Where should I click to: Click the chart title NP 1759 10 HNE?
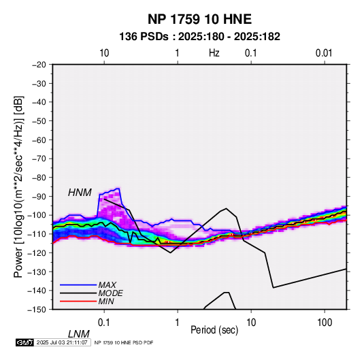click(x=199, y=19)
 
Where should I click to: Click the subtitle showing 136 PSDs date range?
click(x=199, y=37)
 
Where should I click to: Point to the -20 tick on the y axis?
click(x=39, y=65)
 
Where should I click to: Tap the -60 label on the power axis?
click(x=39, y=140)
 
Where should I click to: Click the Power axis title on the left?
click(x=18, y=187)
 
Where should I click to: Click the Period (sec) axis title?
click(x=214, y=330)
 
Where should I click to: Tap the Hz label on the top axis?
click(x=214, y=53)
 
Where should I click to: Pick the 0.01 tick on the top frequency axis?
click(x=324, y=53)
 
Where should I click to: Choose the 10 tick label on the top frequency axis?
click(x=104, y=53)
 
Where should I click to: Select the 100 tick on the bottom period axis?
click(x=325, y=323)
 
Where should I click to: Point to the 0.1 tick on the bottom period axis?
click(x=104, y=323)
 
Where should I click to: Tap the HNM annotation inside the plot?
click(x=80, y=193)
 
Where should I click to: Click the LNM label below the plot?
click(x=79, y=334)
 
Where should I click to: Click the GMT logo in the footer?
click(x=24, y=342)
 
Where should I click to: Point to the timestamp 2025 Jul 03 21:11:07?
click(x=62, y=342)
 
